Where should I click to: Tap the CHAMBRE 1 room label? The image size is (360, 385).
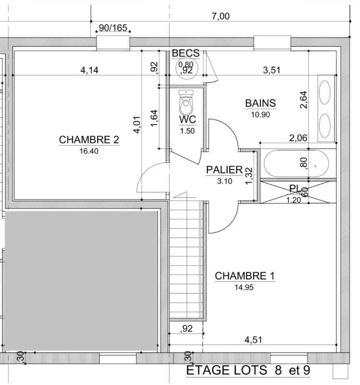pyautogui.click(x=245, y=276)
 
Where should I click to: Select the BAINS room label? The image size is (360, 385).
pyautogui.click(x=261, y=103)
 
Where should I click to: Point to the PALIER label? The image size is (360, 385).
pyautogui.click(x=224, y=170)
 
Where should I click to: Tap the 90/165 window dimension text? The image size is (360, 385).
pyautogui.click(x=113, y=28)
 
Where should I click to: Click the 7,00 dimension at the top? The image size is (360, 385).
pyautogui.click(x=221, y=16)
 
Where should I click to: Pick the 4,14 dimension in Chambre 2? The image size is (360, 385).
pyautogui.click(x=89, y=70)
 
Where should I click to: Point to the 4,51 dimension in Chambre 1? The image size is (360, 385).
pyautogui.click(x=255, y=340)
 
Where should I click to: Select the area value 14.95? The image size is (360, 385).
pyautogui.click(x=244, y=287)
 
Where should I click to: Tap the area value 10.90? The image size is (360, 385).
pyautogui.click(x=261, y=115)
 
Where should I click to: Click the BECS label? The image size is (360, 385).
pyautogui.click(x=186, y=53)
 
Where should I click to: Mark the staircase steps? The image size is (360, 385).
pyautogui.click(x=186, y=260)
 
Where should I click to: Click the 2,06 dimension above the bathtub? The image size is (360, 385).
pyautogui.click(x=298, y=138)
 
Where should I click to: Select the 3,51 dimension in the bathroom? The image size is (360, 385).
pyautogui.click(x=272, y=70)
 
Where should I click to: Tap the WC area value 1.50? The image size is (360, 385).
pyautogui.click(x=187, y=130)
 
